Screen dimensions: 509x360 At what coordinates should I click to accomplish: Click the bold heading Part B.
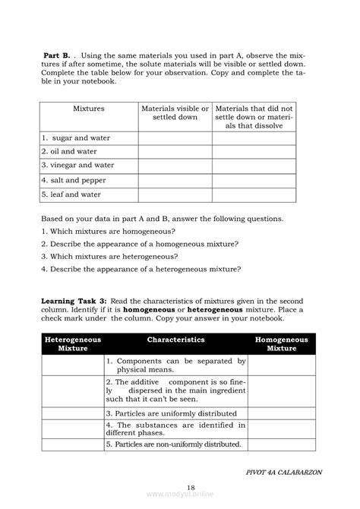57,55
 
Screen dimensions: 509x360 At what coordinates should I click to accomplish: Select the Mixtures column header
89,109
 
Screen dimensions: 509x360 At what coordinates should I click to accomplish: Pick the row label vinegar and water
78,165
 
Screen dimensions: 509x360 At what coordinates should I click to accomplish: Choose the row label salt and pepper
74,180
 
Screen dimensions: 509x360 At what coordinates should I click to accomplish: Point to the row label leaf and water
71,194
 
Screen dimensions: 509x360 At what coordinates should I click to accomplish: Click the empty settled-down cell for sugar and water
175,138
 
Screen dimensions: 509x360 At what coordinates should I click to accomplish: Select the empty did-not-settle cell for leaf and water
254,194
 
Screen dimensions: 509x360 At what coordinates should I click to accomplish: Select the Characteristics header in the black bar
175,340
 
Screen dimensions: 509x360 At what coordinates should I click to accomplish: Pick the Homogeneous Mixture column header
281,344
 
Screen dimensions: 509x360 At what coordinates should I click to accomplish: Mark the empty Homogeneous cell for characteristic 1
281,365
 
